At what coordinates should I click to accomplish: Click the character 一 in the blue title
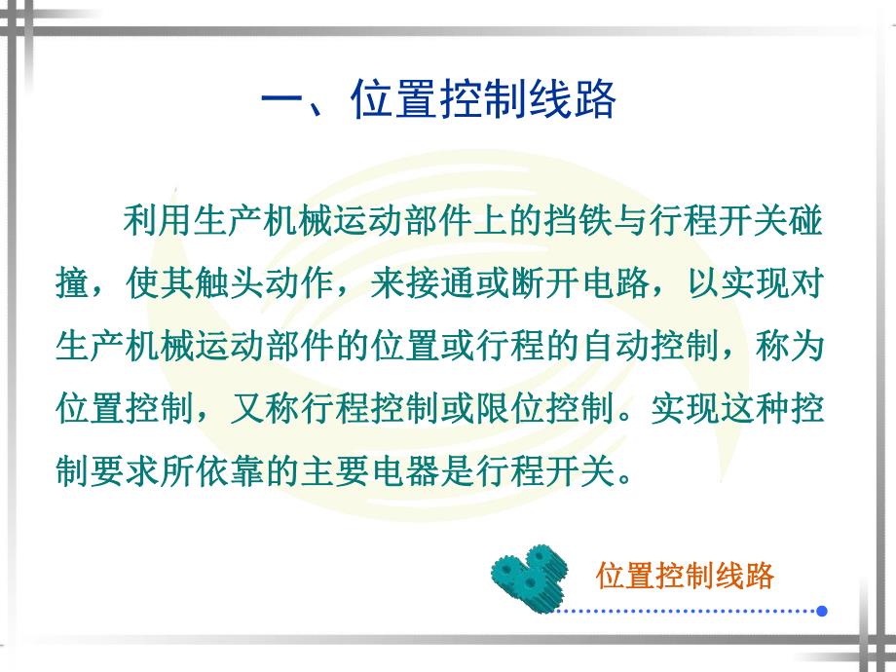coord(286,100)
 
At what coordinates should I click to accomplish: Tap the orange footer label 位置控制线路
coord(685,576)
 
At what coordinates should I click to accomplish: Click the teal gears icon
coord(527,576)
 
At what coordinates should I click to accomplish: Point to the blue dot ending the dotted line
coord(822,611)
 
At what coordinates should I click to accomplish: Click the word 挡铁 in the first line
coord(579,220)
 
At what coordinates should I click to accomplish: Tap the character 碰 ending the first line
coord(806,220)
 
